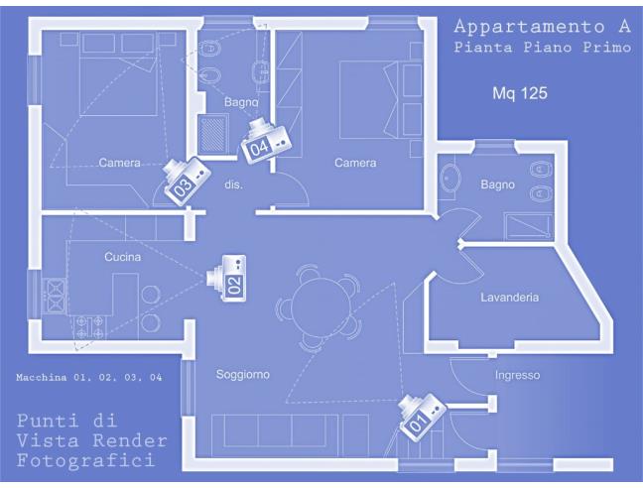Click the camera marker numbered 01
coord(422,417)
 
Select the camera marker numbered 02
coord(227,278)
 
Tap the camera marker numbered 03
coord(187,181)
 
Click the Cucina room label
coord(123,257)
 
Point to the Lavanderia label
coord(510,297)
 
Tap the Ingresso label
coord(518,375)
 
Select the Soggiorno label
coord(243,375)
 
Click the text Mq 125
coord(520,93)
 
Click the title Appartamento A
coord(542,27)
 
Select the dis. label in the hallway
coord(234,184)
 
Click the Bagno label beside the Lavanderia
coord(497,184)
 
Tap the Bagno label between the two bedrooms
coord(241,101)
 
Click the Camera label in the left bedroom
coord(119,163)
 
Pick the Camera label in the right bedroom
coord(355,163)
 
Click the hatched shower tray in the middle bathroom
coord(212,134)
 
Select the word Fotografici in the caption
coord(86,460)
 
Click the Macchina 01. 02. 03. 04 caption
coord(89,377)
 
